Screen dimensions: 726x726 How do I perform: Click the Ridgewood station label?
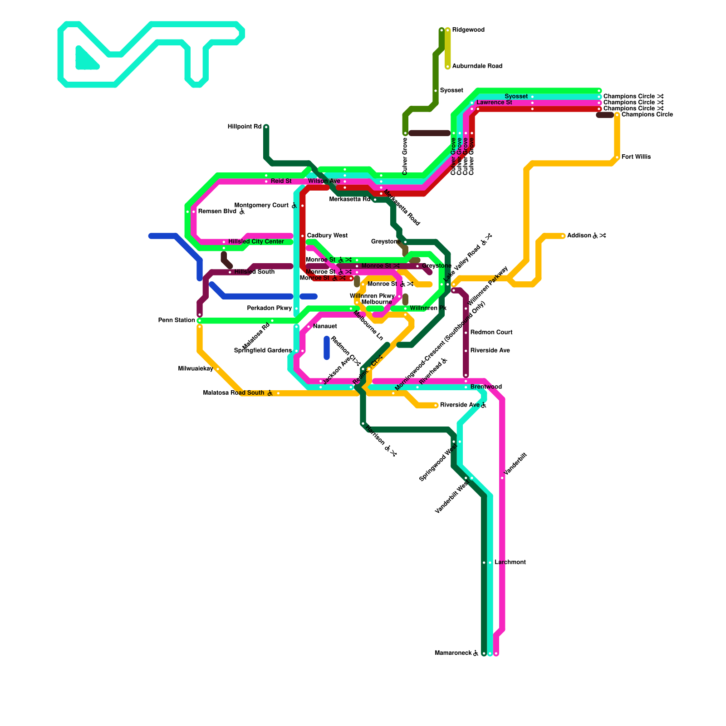coord(468,30)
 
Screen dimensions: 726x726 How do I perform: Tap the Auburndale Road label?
coord(477,66)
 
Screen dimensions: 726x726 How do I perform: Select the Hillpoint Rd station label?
coord(244,127)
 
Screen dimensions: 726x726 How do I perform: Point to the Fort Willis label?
coord(636,157)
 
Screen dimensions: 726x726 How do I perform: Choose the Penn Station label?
coord(177,320)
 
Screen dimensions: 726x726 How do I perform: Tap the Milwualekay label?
coord(196,368)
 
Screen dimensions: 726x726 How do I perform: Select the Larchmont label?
coord(510,562)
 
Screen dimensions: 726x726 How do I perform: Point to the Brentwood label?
coord(486,387)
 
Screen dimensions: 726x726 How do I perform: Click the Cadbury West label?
coord(327,235)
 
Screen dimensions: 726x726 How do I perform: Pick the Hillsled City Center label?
coord(256,241)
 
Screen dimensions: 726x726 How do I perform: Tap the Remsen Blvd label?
coord(217,211)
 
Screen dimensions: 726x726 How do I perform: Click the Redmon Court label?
coord(491,332)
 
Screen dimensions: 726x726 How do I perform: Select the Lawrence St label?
coord(494,103)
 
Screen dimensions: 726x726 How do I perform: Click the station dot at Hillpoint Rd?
coord(266,127)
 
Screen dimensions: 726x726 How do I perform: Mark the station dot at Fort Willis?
coord(617,157)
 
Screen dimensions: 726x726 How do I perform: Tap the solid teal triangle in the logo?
coord(85,60)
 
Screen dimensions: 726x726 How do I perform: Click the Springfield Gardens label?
coord(263,350)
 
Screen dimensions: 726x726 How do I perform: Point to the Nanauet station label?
coord(325,326)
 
